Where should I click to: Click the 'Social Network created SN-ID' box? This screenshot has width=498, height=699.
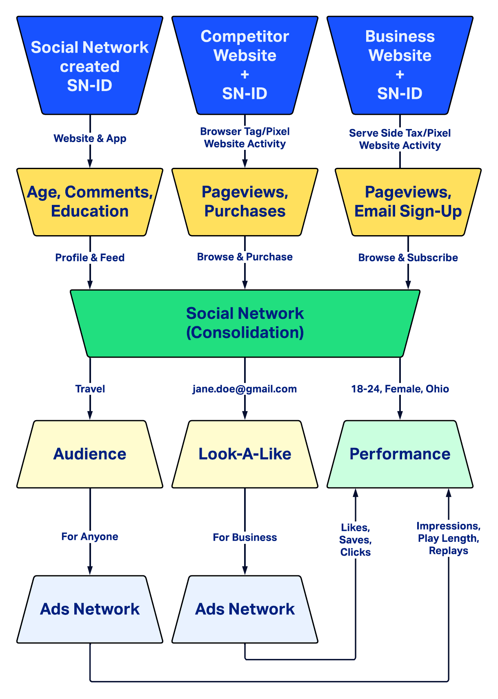tap(90, 66)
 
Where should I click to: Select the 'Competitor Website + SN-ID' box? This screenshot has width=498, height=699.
tap(245, 65)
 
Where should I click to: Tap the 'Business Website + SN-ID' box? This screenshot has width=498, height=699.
tap(400, 65)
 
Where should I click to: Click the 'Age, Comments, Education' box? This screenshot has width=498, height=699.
tap(90, 202)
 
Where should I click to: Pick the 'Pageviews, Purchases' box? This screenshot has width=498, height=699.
tap(245, 202)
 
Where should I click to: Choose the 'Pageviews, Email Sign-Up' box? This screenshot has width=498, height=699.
tap(408, 202)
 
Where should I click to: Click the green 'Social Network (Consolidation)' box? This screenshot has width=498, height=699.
tap(245, 323)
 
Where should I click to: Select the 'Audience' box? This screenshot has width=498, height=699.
tap(90, 454)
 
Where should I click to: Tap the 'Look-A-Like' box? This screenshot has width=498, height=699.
tap(245, 454)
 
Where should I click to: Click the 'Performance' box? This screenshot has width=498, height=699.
tap(400, 454)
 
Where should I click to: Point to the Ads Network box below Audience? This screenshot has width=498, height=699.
tap(90, 609)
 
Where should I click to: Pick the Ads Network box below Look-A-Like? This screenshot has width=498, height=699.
tap(245, 609)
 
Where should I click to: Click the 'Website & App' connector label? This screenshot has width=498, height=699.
tap(90, 138)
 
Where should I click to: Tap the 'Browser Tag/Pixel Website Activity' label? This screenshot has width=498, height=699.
tap(245, 138)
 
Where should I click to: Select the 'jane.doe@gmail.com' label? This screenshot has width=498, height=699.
tap(245, 389)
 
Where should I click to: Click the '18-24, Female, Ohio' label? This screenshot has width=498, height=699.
tap(400, 389)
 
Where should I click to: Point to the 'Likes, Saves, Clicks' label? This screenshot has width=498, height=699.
tap(356, 540)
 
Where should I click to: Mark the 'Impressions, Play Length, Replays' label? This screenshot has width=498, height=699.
tap(449, 538)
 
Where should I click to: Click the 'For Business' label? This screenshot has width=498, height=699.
tap(245, 537)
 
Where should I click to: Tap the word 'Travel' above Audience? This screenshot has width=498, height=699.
tap(90, 389)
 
